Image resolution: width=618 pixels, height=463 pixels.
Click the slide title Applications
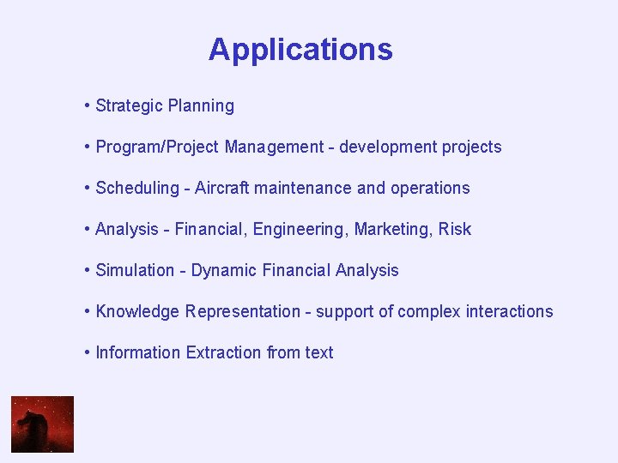point(300,50)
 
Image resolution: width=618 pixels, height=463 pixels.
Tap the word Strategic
point(129,106)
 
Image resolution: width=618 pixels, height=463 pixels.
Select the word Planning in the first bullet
point(201,106)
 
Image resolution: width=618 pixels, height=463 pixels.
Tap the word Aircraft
point(221,189)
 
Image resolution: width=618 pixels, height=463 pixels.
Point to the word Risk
point(455,230)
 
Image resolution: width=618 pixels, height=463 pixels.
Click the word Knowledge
point(138,312)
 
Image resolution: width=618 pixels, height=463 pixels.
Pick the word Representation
point(243,312)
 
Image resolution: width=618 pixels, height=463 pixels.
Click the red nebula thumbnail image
point(42,424)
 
